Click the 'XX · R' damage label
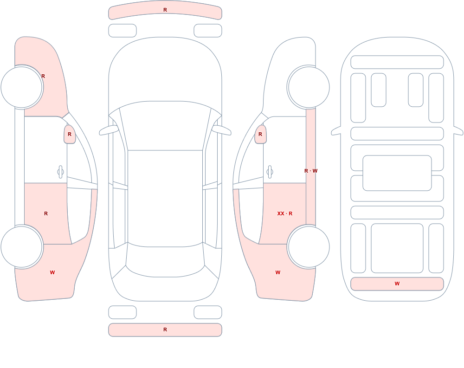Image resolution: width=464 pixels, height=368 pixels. [x=285, y=213]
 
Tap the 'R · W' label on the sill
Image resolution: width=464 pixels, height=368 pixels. [x=311, y=171]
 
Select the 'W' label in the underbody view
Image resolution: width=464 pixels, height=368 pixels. [x=397, y=284]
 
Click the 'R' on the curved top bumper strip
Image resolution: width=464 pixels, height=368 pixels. [x=165, y=10]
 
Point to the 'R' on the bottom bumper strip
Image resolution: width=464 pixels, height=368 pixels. [x=165, y=329]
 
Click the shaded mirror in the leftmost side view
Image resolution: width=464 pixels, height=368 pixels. [x=70, y=135]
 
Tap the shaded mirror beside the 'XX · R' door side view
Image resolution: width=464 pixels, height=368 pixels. [x=260, y=135]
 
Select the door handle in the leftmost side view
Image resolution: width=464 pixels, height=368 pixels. [x=60, y=172]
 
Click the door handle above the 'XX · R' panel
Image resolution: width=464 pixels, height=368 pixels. [x=270, y=172]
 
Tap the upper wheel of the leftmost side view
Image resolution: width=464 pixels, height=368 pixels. [x=22, y=87]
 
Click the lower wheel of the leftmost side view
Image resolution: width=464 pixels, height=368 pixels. [x=22, y=246]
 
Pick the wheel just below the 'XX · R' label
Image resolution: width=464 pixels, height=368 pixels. [x=309, y=246]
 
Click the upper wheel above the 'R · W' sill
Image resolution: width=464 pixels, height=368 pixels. [x=309, y=87]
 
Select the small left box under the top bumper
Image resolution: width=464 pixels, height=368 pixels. [x=122, y=31]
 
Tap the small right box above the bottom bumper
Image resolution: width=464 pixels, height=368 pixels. [x=208, y=312]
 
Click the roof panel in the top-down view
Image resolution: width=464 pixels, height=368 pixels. [x=165, y=198]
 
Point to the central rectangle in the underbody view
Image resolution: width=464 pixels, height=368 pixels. [x=397, y=173]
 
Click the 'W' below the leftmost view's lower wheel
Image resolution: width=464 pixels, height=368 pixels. [x=52, y=273]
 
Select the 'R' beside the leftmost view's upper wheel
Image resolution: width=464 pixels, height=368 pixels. [x=43, y=77]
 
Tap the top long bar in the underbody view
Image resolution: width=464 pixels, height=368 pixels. [x=397, y=62]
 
